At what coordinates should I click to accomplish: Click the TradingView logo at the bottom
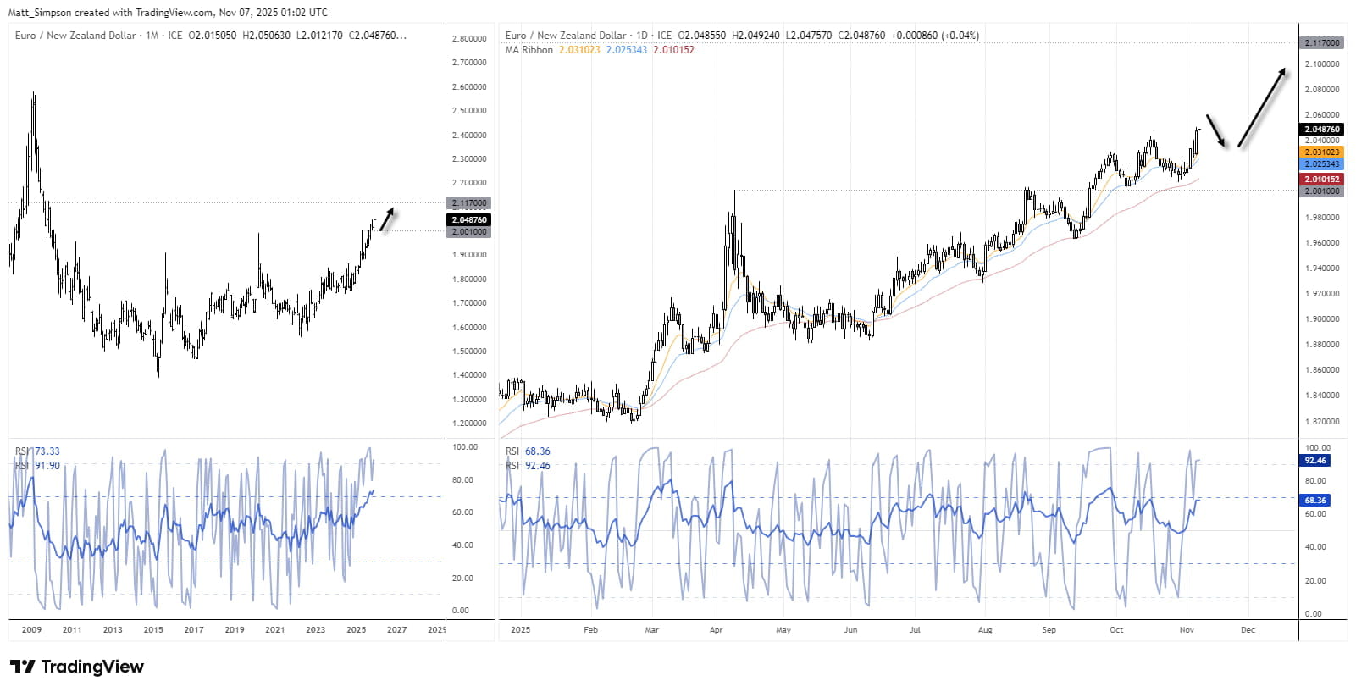pyautogui.click(x=77, y=667)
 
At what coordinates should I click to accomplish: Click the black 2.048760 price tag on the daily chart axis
pyautogui.click(x=1321, y=130)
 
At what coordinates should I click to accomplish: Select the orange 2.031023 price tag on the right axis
pyautogui.click(x=1321, y=152)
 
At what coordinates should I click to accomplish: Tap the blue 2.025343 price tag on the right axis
pyautogui.click(x=1321, y=164)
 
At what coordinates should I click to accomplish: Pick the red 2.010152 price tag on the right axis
pyautogui.click(x=1321, y=180)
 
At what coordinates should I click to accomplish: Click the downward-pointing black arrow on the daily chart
pyautogui.click(x=1216, y=131)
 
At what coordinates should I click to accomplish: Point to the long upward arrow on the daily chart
pyautogui.click(x=1262, y=108)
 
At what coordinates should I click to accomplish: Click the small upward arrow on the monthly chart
pyautogui.click(x=387, y=219)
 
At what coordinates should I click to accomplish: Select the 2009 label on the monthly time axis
pyautogui.click(x=31, y=630)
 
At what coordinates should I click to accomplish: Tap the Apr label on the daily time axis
pyautogui.click(x=716, y=630)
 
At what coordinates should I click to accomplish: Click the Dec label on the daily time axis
pyautogui.click(x=1248, y=630)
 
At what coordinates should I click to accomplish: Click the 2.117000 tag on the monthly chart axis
pyautogui.click(x=469, y=203)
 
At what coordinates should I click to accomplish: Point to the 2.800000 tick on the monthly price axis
pyautogui.click(x=469, y=39)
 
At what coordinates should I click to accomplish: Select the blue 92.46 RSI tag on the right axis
pyautogui.click(x=1315, y=461)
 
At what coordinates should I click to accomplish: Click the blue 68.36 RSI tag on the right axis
pyautogui.click(x=1315, y=501)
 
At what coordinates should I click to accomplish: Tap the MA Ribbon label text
pyautogui.click(x=529, y=50)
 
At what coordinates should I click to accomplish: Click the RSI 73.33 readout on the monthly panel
pyautogui.click(x=39, y=451)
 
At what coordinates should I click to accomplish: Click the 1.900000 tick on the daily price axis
pyautogui.click(x=1321, y=319)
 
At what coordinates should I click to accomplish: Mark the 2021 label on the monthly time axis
pyautogui.click(x=274, y=630)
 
